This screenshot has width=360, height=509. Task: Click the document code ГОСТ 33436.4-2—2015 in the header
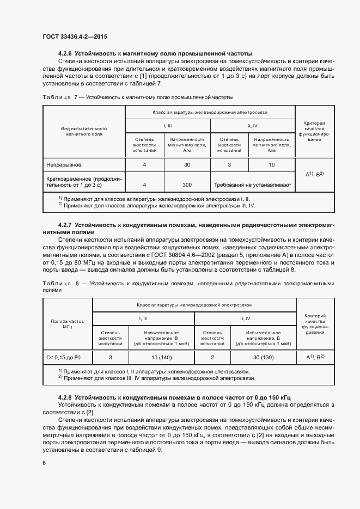(75, 36)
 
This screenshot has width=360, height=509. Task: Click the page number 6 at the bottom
(44, 462)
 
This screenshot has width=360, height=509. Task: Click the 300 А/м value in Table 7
(186, 185)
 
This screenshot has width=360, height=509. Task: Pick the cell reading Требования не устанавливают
(253, 185)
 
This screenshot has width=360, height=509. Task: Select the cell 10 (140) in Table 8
(161, 357)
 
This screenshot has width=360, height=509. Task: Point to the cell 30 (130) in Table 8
(264, 357)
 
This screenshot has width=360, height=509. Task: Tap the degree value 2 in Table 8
(212, 357)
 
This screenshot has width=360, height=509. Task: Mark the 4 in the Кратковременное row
(144, 185)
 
